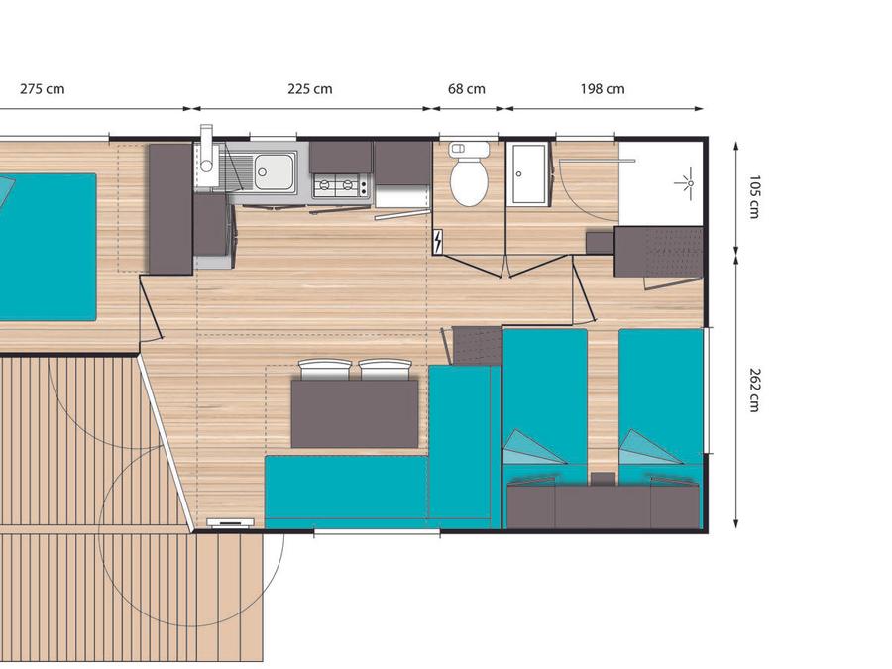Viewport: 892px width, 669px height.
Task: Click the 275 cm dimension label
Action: tap(42, 89)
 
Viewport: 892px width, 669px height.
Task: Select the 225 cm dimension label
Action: tap(310, 89)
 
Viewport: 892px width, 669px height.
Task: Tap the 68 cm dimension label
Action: tap(467, 89)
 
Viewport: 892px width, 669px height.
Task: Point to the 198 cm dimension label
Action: tap(603, 89)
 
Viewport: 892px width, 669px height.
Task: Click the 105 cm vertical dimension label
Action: tap(754, 197)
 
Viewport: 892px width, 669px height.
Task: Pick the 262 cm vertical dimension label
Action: tap(754, 390)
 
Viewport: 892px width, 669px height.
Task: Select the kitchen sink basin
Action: tap(275, 171)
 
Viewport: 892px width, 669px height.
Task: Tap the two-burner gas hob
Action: tap(341, 185)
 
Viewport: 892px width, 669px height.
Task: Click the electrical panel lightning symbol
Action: tap(439, 242)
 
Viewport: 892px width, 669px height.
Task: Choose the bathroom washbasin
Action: tap(528, 173)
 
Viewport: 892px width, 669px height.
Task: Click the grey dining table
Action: tap(355, 413)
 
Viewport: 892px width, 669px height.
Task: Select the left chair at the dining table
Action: tap(324, 370)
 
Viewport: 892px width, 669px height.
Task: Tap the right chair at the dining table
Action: tap(385, 370)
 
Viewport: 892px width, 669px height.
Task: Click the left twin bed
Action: tap(545, 404)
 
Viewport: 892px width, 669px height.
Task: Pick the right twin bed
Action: tap(661, 404)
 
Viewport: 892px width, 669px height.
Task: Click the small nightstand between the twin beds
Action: tap(603, 479)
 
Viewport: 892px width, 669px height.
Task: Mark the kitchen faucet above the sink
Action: tap(206, 148)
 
